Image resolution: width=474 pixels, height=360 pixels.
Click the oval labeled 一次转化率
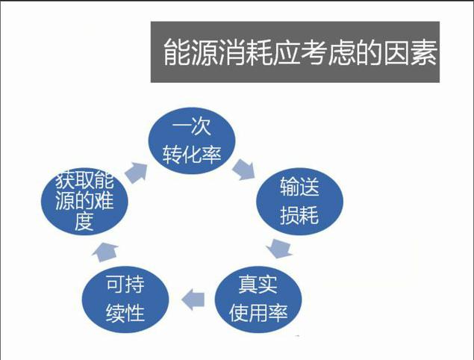(192, 140)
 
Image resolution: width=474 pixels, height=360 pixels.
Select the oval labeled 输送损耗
(299, 202)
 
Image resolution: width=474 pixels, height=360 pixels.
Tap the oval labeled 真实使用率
(258, 300)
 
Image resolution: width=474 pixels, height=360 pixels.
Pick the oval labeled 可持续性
(125, 300)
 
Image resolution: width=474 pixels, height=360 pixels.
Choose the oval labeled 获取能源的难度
(84, 202)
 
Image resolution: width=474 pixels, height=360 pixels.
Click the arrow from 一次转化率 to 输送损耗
(244, 170)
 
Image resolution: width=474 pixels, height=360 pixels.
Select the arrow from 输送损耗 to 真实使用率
(280, 248)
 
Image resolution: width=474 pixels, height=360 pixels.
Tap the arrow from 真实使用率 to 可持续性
(193, 300)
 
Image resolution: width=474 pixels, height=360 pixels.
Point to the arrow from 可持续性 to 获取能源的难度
(105, 252)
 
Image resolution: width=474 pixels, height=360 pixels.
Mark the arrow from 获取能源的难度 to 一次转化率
(137, 173)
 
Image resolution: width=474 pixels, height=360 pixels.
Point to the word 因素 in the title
(411, 52)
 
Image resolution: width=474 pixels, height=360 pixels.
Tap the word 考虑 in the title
(328, 52)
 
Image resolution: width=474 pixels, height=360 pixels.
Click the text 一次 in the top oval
(191, 126)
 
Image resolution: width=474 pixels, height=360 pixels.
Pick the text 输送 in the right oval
(299, 187)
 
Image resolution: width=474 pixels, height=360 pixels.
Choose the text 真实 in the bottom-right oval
(258, 285)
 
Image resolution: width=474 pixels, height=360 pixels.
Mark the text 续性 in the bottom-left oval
(125, 314)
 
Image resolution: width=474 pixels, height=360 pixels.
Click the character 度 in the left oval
(84, 221)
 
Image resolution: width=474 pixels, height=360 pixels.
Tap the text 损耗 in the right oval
(299, 215)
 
